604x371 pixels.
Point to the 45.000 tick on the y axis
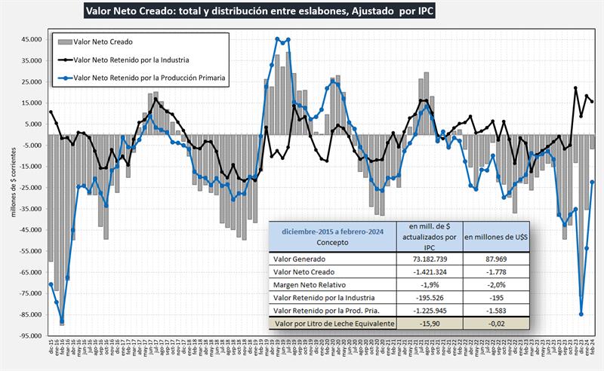[31, 39]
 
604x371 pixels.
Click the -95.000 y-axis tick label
[29, 336]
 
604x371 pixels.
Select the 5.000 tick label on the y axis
[33, 124]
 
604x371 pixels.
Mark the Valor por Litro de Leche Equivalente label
[334, 323]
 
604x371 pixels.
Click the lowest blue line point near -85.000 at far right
[581, 314]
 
